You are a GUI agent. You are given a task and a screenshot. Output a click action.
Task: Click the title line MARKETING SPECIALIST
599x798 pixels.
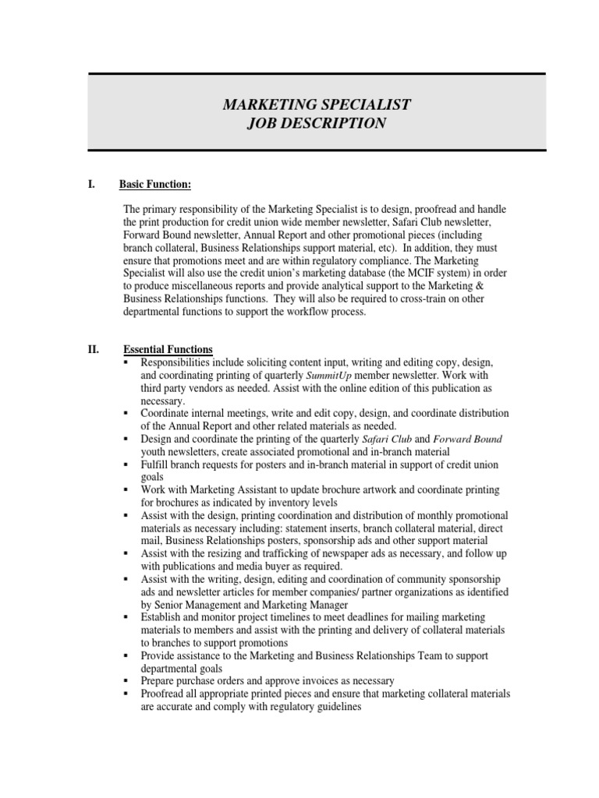(317, 104)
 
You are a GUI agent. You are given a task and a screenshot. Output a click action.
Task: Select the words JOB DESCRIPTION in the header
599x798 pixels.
(317, 123)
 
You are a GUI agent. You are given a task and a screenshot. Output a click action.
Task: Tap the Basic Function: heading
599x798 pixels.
(154, 184)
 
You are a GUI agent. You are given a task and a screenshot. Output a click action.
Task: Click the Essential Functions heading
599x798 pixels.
(168, 349)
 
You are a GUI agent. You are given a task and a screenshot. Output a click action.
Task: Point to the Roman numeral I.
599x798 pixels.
(91, 184)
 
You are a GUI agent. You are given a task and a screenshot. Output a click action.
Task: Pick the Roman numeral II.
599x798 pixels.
(94, 349)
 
